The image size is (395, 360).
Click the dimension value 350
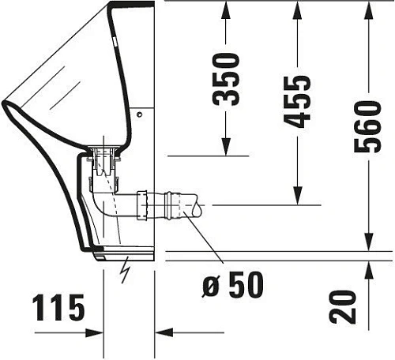tap(228, 79)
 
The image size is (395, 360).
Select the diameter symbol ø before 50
tap(211, 283)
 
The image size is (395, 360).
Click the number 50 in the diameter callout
tap(245, 283)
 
